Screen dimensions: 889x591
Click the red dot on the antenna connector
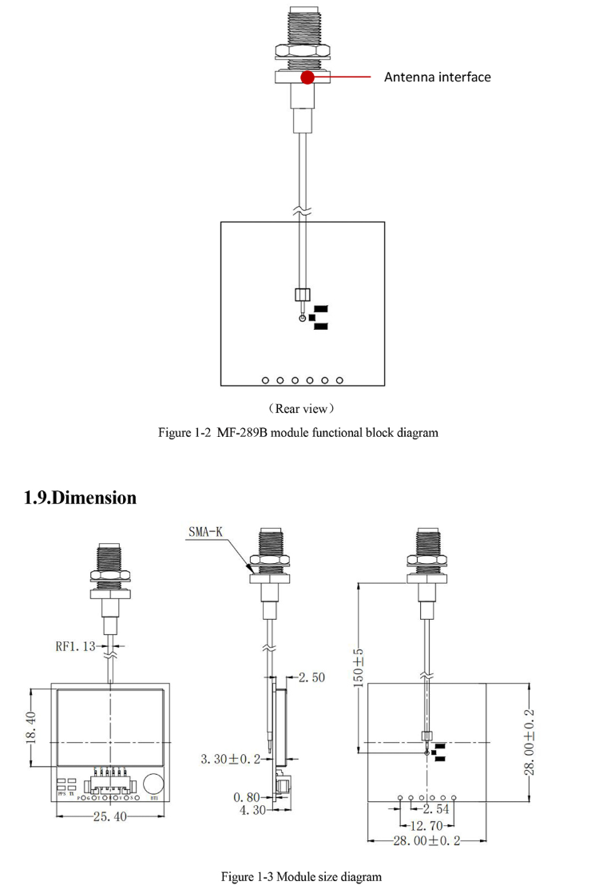[307, 77]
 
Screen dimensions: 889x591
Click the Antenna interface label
[437, 77]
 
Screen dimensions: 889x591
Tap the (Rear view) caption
[301, 409]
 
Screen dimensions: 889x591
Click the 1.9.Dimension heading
[81, 498]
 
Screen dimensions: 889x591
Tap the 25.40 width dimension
[110, 816]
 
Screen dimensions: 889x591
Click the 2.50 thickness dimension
[311, 677]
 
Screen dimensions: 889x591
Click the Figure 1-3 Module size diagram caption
[301, 876]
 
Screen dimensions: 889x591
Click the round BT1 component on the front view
[155, 782]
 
